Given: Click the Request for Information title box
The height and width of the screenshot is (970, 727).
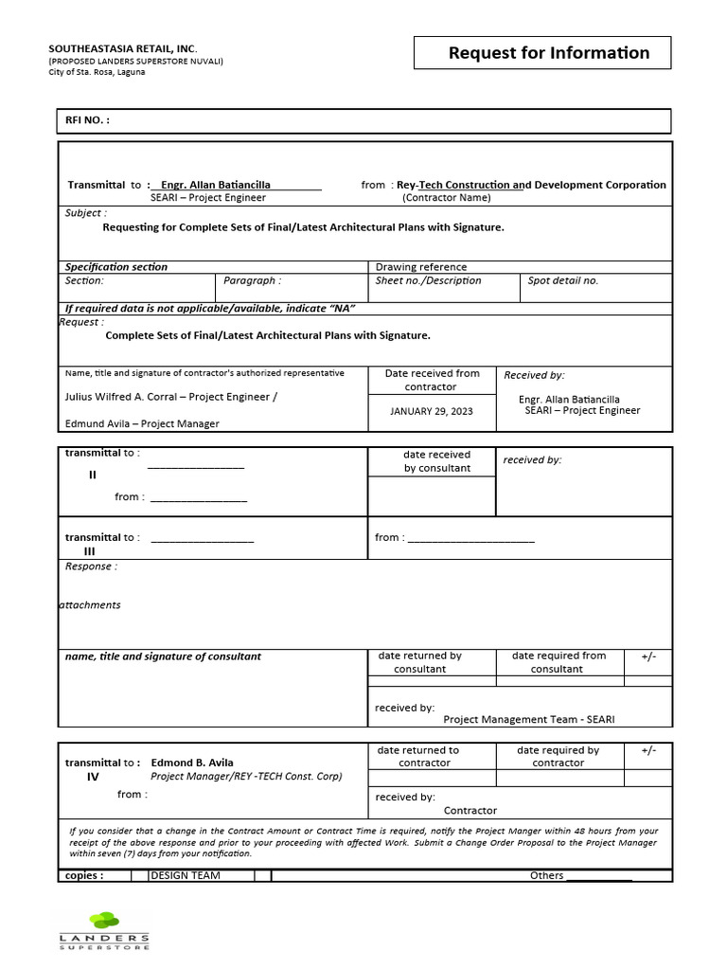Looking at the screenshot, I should [x=542, y=53].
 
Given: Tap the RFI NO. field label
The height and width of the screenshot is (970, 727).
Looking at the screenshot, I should [x=87, y=120].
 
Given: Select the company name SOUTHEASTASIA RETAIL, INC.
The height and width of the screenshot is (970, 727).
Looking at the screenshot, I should [x=123, y=48].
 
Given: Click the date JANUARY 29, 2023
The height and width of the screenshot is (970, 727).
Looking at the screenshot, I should [x=431, y=411].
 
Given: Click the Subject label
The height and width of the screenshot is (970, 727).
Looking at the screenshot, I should [x=85, y=213].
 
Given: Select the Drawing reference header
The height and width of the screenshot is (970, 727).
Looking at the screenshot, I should [x=421, y=267].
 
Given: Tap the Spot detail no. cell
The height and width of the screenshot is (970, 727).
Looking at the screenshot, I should [x=563, y=280].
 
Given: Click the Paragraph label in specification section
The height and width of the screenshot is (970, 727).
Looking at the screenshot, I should [x=252, y=280].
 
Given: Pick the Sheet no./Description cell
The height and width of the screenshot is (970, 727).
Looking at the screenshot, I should [x=428, y=280].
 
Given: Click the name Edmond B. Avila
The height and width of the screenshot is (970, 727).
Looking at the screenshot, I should [x=192, y=763].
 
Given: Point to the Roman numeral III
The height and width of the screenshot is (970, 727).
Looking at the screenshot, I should [x=90, y=551].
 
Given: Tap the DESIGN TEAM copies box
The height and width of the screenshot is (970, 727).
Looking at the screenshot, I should [x=186, y=875].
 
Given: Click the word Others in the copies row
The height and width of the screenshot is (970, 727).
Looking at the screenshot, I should [x=546, y=875].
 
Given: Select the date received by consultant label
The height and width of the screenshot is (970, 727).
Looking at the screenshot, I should [x=436, y=461].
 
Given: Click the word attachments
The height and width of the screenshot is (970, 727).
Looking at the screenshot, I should [x=90, y=604].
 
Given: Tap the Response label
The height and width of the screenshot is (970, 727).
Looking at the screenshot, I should [x=91, y=566].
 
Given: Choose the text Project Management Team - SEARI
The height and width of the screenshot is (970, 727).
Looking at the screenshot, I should [x=528, y=720].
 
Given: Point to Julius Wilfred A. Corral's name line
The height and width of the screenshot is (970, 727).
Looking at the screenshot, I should [x=171, y=397].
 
